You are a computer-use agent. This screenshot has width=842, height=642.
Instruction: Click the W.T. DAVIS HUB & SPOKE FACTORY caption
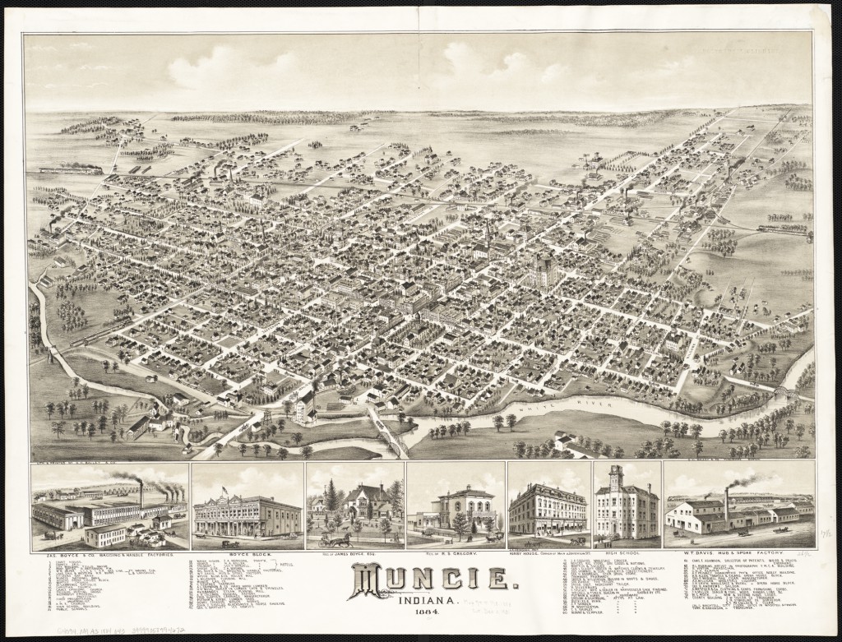tap(738, 555)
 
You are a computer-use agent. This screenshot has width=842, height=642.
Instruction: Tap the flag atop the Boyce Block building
tap(224, 490)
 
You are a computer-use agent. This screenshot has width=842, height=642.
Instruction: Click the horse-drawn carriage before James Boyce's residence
tap(335, 540)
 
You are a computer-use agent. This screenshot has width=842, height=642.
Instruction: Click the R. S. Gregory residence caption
tap(455, 555)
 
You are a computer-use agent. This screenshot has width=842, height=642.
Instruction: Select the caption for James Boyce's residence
tap(354, 555)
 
